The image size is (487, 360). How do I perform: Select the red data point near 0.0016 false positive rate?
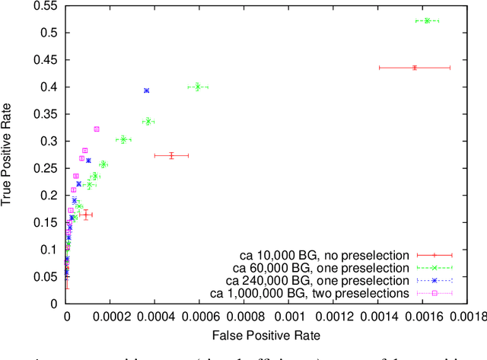click(x=415, y=68)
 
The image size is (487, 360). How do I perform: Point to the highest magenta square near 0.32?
click(x=97, y=129)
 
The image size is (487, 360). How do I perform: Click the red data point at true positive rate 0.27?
click(x=171, y=155)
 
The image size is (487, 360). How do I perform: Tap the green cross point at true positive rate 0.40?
click(x=198, y=87)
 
